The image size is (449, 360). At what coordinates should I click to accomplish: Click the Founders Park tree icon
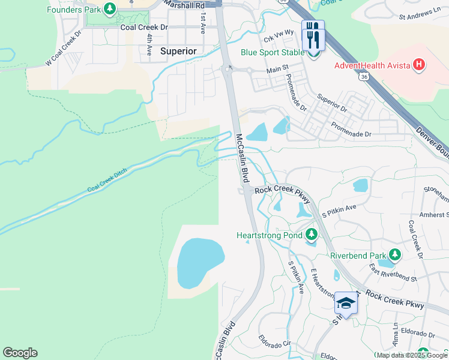pyautogui.click(x=109, y=8)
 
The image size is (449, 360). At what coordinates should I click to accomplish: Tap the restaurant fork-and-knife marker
pyautogui.click(x=313, y=37)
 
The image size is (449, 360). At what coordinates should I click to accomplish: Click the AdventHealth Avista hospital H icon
pyautogui.click(x=419, y=64)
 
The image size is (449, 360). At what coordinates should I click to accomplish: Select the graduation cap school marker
pyautogui.click(x=346, y=302)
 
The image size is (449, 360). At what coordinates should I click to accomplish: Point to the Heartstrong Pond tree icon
pyautogui.click(x=311, y=234)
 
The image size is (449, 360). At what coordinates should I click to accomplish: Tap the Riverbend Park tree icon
pyautogui.click(x=394, y=255)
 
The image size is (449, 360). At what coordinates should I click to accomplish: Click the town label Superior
pyautogui.click(x=178, y=52)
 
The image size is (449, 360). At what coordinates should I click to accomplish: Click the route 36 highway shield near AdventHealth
pyautogui.click(x=364, y=77)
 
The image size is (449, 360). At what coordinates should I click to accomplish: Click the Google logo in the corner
pyautogui.click(x=20, y=353)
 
